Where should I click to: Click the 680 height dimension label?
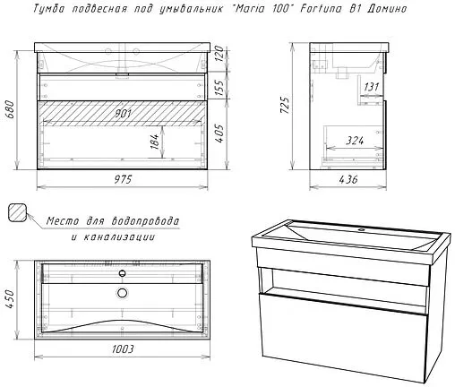pos(10,109)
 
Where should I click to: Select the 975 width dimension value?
pos(123,179)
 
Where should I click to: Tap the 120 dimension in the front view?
pos(219,54)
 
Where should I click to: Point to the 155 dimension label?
pos(219,88)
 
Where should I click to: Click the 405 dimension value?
pos(219,133)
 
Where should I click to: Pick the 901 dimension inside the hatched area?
pos(123,114)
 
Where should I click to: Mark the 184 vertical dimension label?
pos(154,142)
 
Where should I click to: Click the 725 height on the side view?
pos(284,105)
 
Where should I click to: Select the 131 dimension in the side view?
pos(371,87)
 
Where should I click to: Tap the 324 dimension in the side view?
pos(355,140)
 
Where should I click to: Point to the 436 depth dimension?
pos(348,179)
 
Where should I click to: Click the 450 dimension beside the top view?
pos(10,299)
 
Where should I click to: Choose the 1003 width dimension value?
pos(123,348)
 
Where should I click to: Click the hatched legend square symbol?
pos(18,212)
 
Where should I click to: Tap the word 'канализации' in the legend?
pos(119,237)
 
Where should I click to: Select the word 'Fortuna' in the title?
pos(321,8)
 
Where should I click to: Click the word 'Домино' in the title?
pos(387,9)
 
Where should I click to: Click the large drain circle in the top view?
pos(122,293)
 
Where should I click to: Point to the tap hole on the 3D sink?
pos(362,229)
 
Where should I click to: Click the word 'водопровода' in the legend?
pos(145,221)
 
